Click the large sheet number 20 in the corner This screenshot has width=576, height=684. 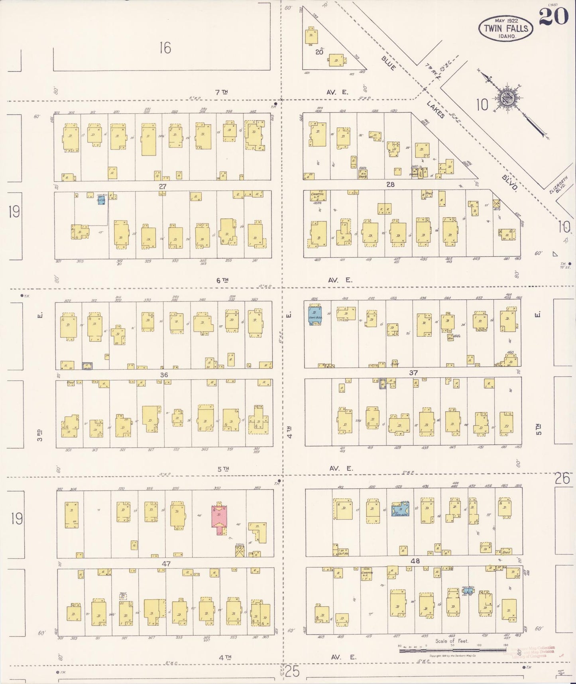tap(554, 17)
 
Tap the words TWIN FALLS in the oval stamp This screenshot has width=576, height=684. tap(505, 28)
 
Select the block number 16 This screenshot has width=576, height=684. tap(165, 48)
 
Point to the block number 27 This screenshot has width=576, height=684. tap(162, 186)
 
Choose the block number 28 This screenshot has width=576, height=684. tap(390, 184)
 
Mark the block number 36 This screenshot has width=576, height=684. tap(164, 375)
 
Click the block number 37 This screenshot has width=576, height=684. tap(413, 373)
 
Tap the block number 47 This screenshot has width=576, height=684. tap(166, 563)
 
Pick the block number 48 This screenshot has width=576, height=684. tap(415, 561)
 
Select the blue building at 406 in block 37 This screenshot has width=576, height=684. tap(315, 314)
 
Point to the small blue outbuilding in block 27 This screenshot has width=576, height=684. tap(102, 200)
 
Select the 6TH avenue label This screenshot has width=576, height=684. tap(222, 281)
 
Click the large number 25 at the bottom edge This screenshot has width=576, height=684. tap(292, 671)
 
